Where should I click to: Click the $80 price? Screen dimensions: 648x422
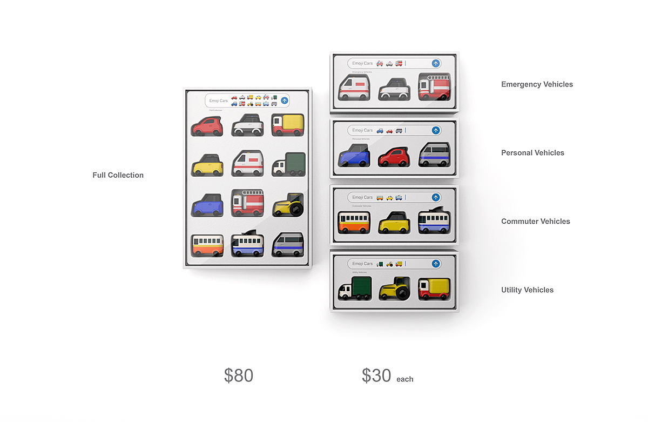[x=239, y=376]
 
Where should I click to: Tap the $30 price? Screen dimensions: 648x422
[x=376, y=376]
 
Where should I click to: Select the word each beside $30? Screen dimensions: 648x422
[x=404, y=379]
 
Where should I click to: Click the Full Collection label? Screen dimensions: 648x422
[x=118, y=175]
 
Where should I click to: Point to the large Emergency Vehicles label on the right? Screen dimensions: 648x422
[x=537, y=84]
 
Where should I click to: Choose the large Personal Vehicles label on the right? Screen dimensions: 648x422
[x=532, y=153]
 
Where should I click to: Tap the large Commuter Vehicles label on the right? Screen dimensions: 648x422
[x=535, y=222]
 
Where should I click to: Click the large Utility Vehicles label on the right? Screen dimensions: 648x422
[x=527, y=290]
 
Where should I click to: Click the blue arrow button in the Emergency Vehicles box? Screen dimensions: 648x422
[x=436, y=63]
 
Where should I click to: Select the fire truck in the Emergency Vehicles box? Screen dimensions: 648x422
[x=434, y=88]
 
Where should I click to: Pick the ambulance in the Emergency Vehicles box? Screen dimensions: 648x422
[x=354, y=89]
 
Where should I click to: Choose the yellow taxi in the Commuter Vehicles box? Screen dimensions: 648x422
[x=394, y=222]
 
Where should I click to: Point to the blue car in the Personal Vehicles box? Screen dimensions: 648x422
[x=354, y=155]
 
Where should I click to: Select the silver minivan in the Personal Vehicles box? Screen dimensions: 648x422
[x=434, y=155]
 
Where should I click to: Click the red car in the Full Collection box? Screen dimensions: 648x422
[x=207, y=125]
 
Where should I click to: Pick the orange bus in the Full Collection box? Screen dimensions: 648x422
[x=207, y=245]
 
